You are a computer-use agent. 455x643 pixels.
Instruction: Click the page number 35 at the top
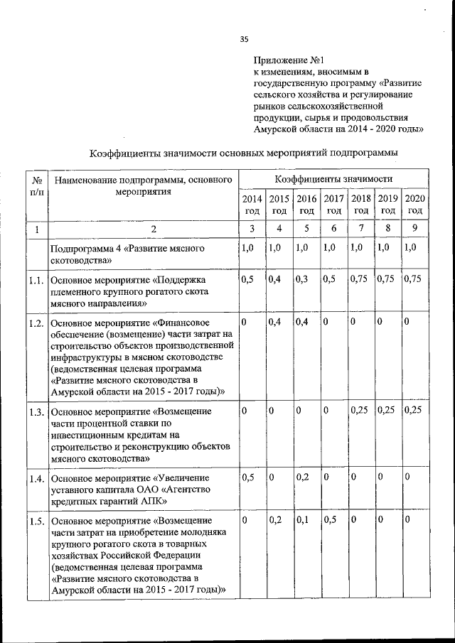pyautogui.click(x=244, y=38)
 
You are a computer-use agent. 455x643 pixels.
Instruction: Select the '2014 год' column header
pyautogui.click(x=252, y=205)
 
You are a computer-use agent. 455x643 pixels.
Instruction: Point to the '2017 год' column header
pyautogui.click(x=333, y=205)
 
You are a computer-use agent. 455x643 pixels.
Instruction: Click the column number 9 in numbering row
pyautogui.click(x=414, y=229)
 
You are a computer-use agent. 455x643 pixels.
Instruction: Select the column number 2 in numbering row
pyautogui.click(x=143, y=229)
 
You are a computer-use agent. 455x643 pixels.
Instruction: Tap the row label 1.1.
pyautogui.click(x=37, y=281)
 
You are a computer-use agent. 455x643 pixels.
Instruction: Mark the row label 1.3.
pyautogui.click(x=37, y=412)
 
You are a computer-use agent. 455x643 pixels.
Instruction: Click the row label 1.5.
pyautogui.click(x=37, y=523)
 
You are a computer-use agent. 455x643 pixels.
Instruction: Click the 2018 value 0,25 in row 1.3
pyautogui.click(x=360, y=410)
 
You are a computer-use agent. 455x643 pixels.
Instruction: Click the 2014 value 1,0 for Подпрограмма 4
pyautogui.click(x=248, y=248)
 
